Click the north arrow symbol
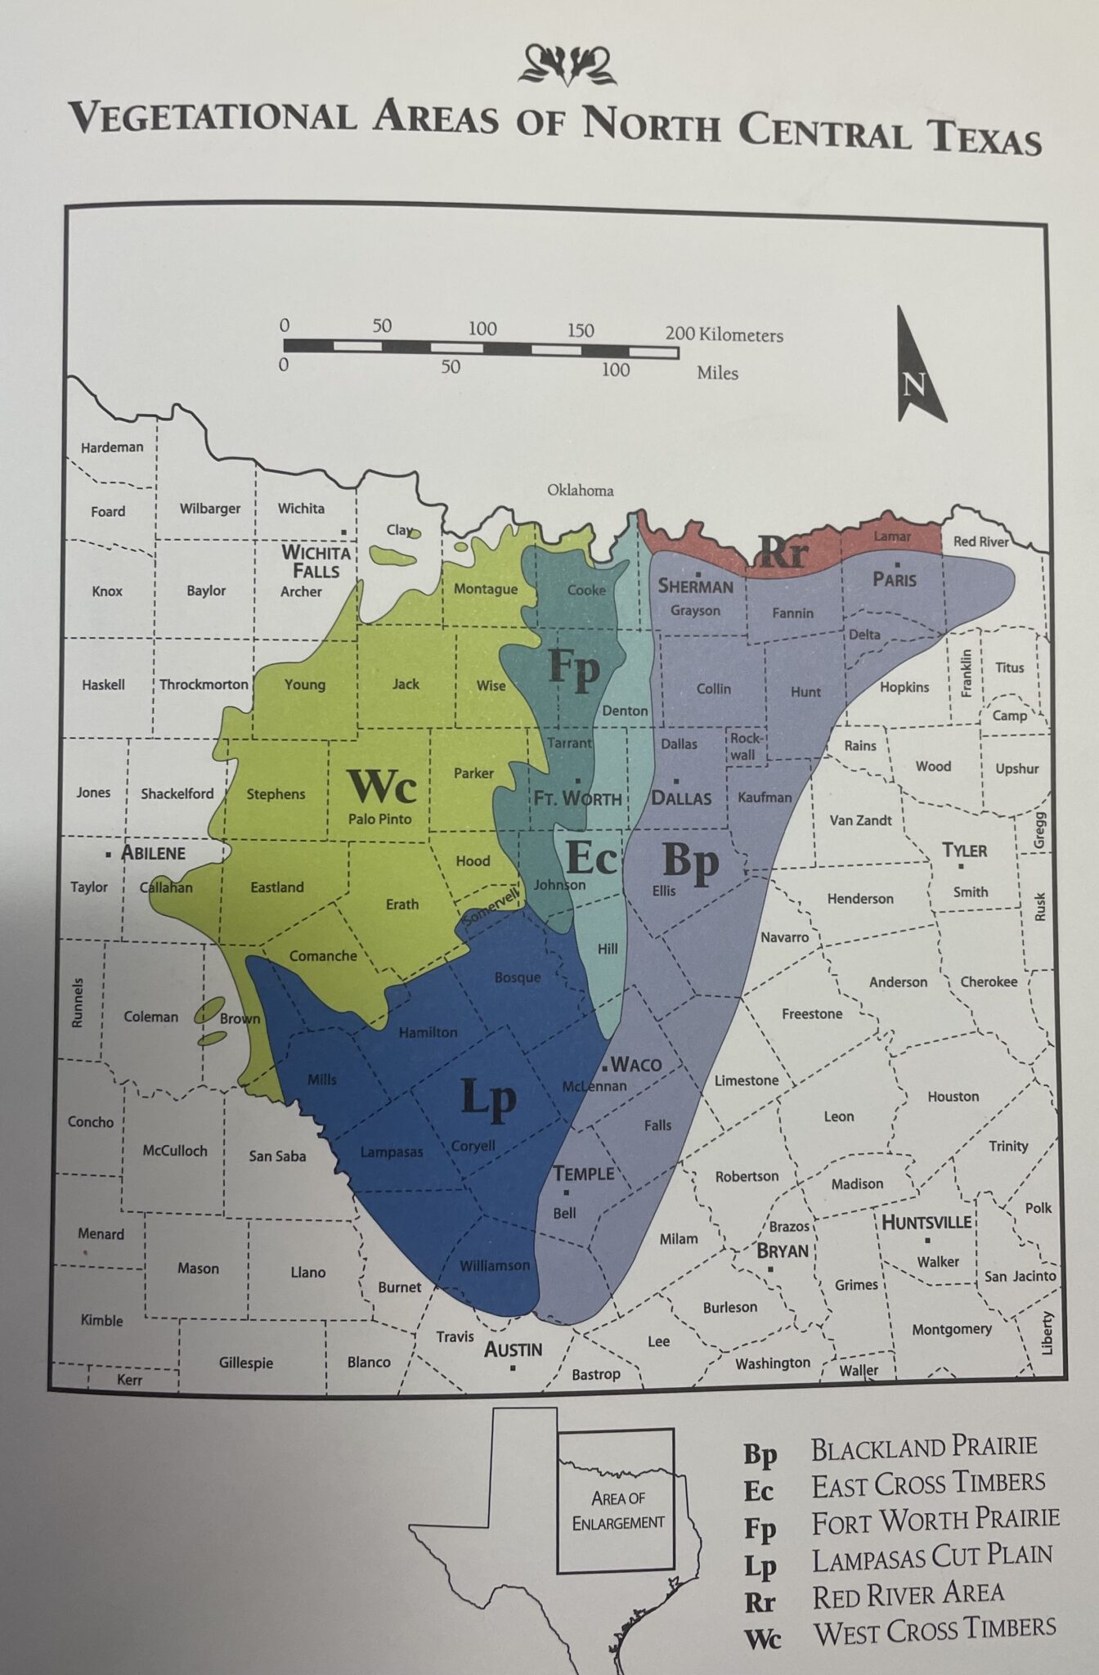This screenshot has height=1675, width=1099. click(x=918, y=367)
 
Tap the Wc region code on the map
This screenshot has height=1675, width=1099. click(x=383, y=787)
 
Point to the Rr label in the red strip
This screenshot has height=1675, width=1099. click(x=783, y=554)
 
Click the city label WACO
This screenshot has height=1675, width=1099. click(x=636, y=1064)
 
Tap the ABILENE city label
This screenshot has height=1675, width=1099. click(x=153, y=853)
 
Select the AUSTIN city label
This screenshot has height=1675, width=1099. click(x=513, y=1349)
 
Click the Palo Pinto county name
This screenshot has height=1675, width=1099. click(x=379, y=819)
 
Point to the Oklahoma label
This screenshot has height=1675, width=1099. click(x=580, y=490)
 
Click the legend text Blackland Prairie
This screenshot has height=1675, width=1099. click(x=923, y=1448)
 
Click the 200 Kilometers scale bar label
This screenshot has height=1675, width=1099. click(x=724, y=334)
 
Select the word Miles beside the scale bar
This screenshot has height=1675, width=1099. click(x=717, y=373)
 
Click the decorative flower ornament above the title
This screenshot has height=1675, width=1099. click(x=567, y=65)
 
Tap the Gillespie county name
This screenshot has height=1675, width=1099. click(x=245, y=1363)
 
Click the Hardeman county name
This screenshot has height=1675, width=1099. click(x=112, y=447)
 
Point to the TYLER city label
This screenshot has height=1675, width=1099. click(x=964, y=850)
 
